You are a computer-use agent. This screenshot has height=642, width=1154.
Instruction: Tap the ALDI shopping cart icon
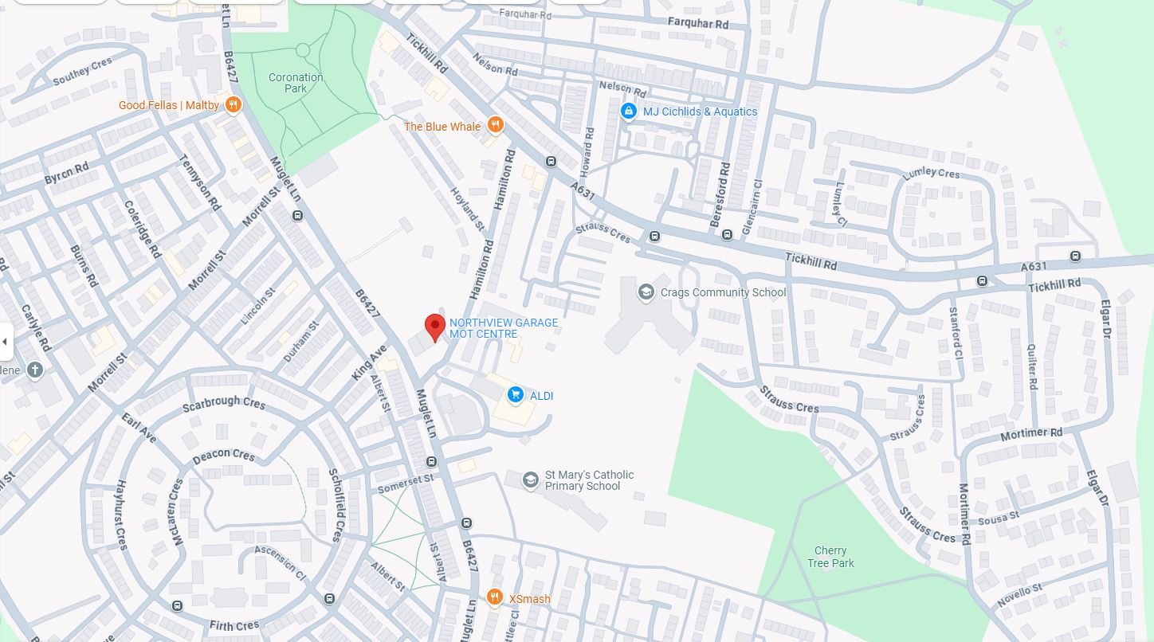point(516,395)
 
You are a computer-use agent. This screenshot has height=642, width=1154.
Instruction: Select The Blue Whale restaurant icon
point(495,126)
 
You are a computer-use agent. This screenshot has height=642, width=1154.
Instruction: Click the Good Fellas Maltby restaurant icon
point(233,105)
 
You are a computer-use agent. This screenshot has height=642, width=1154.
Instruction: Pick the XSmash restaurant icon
point(494,598)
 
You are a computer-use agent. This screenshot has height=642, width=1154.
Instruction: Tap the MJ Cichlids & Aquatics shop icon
point(629,112)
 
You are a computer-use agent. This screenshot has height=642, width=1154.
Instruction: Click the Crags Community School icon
point(646,292)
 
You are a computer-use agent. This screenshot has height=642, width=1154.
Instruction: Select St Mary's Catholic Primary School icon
point(530,480)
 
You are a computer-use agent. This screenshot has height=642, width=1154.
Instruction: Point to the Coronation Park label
point(296,83)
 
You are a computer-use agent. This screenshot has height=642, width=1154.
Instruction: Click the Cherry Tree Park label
point(830,557)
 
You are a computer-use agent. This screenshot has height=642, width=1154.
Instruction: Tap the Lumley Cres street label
point(931,174)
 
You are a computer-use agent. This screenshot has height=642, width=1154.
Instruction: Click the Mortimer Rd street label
point(1031,434)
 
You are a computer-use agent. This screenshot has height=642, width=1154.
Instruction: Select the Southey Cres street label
point(82,72)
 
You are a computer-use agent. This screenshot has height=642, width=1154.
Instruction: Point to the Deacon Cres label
point(223,456)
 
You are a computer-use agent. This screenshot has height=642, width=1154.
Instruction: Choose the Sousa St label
point(999,519)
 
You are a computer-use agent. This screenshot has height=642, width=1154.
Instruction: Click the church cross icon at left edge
point(34,370)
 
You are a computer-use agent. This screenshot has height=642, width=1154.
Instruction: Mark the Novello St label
point(1019,595)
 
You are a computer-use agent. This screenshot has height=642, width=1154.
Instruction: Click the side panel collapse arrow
point(5,343)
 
